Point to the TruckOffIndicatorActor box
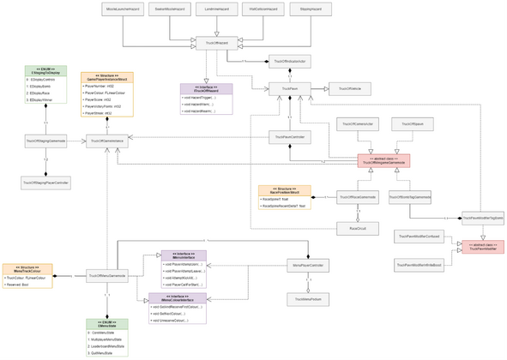(291, 62)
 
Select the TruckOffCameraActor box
(357, 124)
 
